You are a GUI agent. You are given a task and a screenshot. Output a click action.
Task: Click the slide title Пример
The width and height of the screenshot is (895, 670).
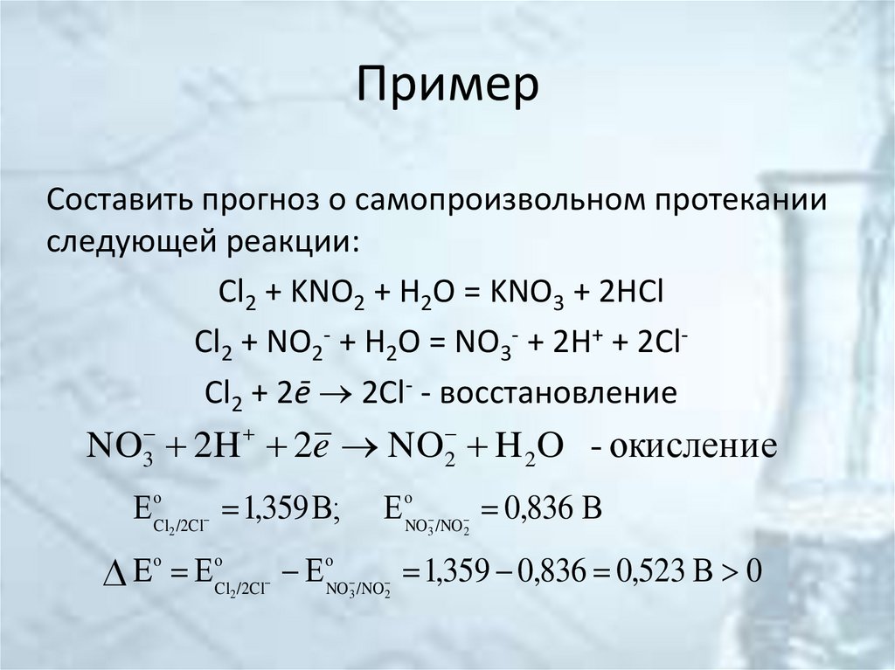(447, 87)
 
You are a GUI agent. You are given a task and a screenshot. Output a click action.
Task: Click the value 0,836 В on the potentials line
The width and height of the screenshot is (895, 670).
(555, 508)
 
